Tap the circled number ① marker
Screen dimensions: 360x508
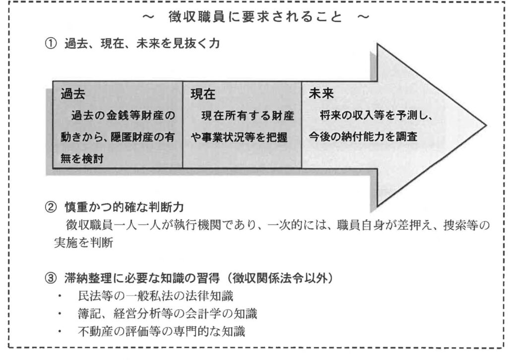click(x=50, y=44)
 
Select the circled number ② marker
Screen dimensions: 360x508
click(x=50, y=205)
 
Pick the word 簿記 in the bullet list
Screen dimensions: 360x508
click(x=87, y=314)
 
